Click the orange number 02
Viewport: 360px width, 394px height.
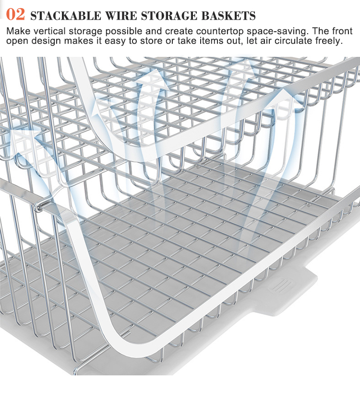[x=15, y=14]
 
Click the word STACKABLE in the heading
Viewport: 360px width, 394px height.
[x=66, y=15]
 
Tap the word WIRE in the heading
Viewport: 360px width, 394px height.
[x=121, y=15]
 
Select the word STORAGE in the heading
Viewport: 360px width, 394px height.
[x=169, y=15]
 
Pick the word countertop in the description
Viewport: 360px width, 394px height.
[x=220, y=32]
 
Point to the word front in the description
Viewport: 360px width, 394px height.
[x=342, y=31]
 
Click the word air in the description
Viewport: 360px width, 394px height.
[x=265, y=41]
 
